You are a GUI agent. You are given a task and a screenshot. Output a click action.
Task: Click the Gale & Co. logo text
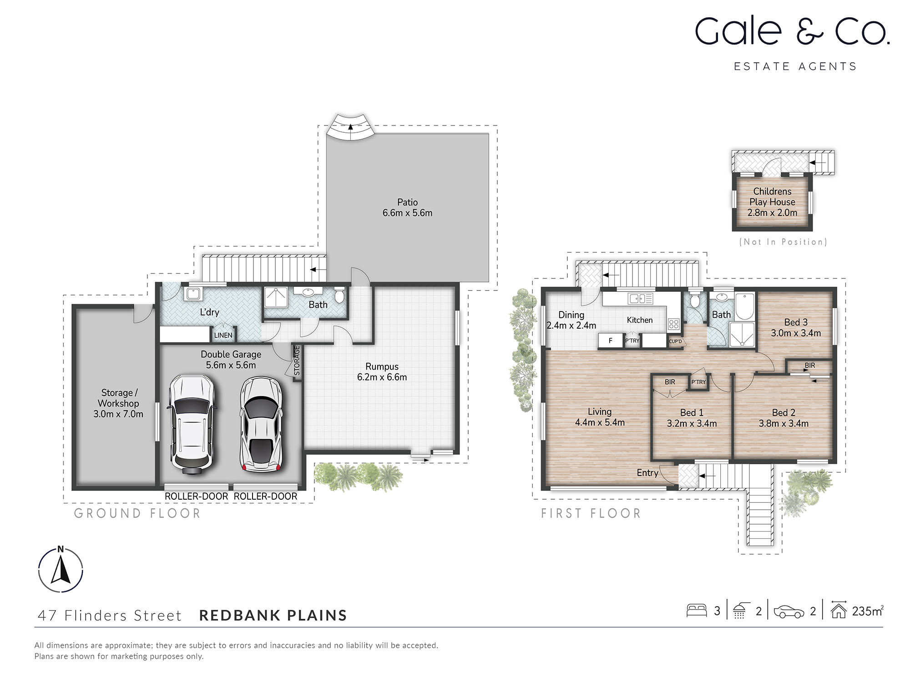[792, 32]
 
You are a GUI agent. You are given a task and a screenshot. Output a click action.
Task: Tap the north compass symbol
[61, 570]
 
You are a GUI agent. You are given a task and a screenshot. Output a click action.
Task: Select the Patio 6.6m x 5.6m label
[407, 208]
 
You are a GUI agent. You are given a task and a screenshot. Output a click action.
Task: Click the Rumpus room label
[382, 366]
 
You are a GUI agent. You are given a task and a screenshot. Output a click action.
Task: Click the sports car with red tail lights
[261, 425]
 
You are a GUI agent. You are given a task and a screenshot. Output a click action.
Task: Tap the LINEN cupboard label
[223, 336]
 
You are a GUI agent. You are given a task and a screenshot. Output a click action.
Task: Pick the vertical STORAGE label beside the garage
[297, 361]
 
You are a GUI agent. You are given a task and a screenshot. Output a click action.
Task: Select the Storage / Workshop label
[118, 398]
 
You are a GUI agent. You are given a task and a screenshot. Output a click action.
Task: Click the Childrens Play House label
[772, 197]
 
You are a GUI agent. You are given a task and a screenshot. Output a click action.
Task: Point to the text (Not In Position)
[783, 242]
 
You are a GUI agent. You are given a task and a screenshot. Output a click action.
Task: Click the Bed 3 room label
[796, 322]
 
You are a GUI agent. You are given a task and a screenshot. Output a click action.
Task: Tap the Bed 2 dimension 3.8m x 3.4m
[784, 424]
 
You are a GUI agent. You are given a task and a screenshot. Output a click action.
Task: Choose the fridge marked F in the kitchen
[611, 341]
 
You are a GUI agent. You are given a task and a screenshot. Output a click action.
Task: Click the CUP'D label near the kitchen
[675, 341]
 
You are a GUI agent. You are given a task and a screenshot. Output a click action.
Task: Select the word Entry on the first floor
[647, 473]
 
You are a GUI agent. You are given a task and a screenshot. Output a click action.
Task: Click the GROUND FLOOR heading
[137, 513]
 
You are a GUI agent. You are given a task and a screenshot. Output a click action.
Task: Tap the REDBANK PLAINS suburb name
[273, 615]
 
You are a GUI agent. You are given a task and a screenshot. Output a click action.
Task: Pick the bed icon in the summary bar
[696, 611]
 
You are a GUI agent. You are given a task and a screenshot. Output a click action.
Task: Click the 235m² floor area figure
[867, 611]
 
